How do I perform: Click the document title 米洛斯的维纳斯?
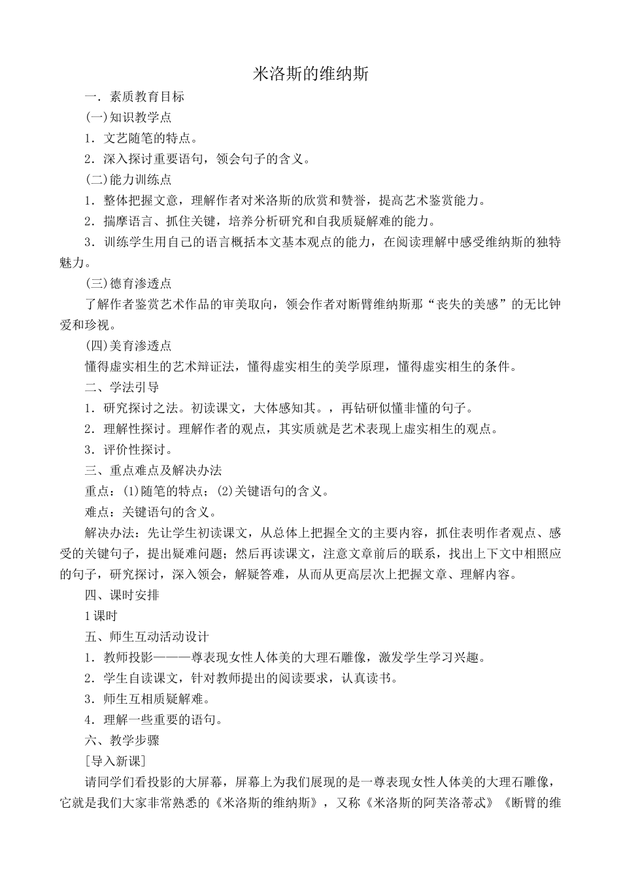click(311, 74)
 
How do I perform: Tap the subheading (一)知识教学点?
click(129, 117)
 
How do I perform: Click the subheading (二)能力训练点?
click(129, 179)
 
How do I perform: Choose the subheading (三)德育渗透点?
click(129, 283)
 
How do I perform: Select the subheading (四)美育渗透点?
click(129, 345)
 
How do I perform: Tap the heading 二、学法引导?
click(122, 387)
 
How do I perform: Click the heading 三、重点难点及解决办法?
click(154, 470)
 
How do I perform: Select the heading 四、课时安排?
click(122, 595)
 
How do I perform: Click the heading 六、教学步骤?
click(122, 740)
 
